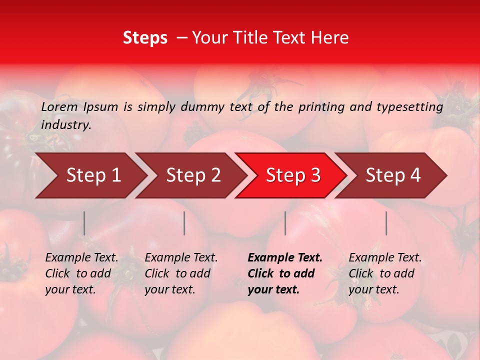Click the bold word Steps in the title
tap(145, 38)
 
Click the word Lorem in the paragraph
tap(59, 106)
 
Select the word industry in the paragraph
tap(66, 125)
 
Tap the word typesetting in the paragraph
tap(409, 107)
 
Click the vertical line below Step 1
tap(84, 223)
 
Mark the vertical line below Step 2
tap(184, 223)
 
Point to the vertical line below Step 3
tap(285, 223)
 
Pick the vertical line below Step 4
tap(386, 223)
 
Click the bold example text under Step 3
tap(284, 273)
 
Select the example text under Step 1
tap(81, 273)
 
